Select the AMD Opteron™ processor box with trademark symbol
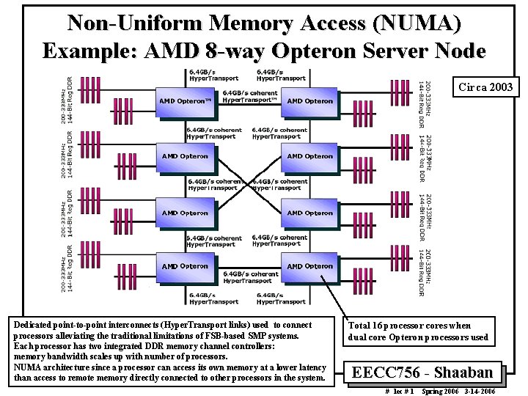point(186,101)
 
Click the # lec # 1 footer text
point(400,391)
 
